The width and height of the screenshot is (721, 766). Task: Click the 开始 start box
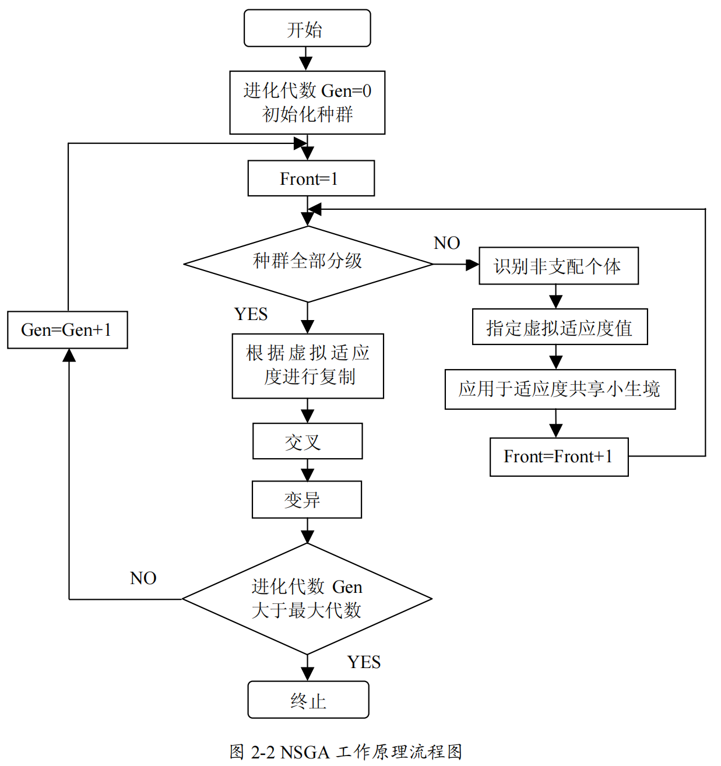tap(307, 29)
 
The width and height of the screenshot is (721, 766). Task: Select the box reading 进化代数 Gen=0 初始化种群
tap(307, 103)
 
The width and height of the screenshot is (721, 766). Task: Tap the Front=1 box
tap(311, 178)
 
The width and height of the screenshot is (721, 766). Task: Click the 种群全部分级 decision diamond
tap(308, 263)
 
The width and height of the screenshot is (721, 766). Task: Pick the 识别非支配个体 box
tap(558, 266)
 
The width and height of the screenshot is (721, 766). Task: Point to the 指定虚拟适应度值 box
tap(560, 327)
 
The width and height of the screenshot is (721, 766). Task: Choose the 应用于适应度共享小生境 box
tap(560, 389)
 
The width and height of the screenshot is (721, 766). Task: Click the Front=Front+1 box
tap(558, 457)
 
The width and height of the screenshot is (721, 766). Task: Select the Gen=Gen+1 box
tap(67, 330)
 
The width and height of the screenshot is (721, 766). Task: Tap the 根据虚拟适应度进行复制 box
tap(308, 366)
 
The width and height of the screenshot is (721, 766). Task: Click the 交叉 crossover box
tap(307, 441)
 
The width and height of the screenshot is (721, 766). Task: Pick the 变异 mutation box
tap(307, 500)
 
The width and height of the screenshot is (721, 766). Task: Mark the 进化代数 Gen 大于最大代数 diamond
tap(307, 599)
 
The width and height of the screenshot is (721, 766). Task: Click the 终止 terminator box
tap(308, 700)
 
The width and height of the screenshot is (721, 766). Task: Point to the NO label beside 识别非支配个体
tap(447, 243)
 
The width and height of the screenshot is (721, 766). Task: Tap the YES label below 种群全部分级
tap(251, 314)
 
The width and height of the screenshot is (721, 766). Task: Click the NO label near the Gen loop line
tap(143, 578)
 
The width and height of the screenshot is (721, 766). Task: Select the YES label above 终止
tap(364, 662)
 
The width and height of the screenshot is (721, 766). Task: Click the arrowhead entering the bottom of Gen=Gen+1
tap(69, 355)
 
